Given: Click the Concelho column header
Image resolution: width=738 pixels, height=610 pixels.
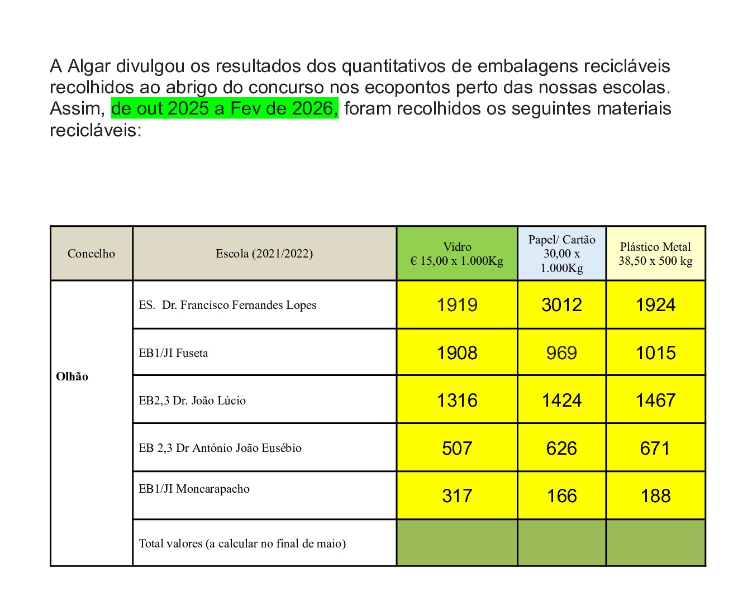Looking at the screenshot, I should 91,254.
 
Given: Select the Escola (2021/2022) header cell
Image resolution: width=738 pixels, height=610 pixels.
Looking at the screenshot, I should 264,254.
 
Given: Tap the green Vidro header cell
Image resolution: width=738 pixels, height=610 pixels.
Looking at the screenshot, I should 457,254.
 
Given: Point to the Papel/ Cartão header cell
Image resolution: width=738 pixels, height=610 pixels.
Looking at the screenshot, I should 562,254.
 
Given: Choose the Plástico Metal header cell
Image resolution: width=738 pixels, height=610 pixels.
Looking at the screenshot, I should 655,254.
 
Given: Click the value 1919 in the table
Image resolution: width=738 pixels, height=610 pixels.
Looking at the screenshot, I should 457,305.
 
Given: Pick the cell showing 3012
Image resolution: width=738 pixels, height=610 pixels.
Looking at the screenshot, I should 562,305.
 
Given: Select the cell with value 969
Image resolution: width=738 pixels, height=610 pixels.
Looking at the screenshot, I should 562,353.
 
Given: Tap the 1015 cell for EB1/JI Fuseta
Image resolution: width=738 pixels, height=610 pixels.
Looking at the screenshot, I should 655,353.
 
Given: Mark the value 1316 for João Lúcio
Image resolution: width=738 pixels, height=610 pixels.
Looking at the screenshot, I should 457,401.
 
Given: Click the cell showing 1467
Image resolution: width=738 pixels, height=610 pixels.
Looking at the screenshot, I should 655,401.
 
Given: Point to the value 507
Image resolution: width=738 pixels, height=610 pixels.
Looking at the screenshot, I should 457,449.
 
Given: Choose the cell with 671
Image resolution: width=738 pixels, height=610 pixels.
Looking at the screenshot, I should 655,449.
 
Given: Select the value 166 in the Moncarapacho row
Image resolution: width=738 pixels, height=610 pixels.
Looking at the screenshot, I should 562,496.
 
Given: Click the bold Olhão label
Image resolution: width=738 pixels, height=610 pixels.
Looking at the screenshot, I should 72,377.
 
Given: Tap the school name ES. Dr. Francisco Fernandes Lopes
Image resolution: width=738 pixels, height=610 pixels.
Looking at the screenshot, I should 227,305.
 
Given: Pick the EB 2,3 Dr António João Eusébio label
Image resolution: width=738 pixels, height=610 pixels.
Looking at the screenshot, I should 220,448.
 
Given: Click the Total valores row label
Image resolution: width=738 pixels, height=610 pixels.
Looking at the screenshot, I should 242,544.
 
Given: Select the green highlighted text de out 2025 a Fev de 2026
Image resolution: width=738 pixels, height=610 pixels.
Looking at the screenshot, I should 225,108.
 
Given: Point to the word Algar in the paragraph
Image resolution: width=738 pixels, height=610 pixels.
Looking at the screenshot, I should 89,66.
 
